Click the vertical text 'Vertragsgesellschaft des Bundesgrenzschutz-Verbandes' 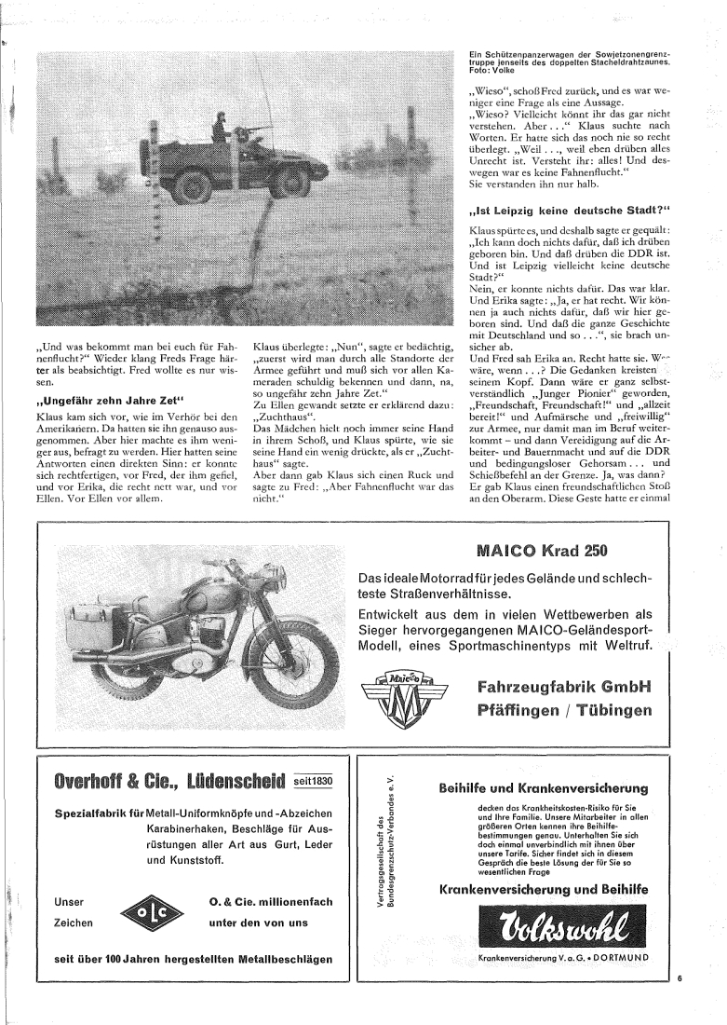coord(385,866)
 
